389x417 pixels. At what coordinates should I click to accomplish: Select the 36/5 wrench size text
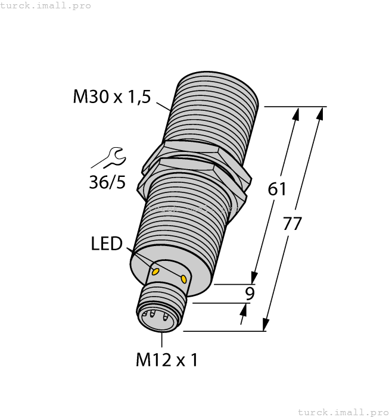(108, 182)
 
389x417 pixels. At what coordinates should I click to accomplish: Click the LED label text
(107, 244)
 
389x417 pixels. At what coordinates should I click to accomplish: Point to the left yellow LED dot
(157, 272)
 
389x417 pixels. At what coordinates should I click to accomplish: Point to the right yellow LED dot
(184, 278)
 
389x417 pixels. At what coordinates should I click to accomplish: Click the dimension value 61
(277, 189)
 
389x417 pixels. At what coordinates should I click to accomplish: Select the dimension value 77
(292, 225)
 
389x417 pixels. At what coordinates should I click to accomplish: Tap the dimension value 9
(250, 293)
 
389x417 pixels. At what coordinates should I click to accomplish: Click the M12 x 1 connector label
(166, 360)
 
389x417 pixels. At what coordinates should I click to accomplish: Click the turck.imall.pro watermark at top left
(46, 5)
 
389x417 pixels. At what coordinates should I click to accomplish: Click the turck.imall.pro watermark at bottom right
(342, 412)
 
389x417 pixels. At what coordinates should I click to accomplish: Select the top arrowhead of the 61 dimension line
(295, 113)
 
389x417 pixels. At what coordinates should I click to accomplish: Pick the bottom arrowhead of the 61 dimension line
(254, 278)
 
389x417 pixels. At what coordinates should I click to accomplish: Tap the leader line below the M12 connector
(162, 340)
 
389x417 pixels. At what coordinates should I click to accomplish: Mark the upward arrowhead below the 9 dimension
(245, 309)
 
